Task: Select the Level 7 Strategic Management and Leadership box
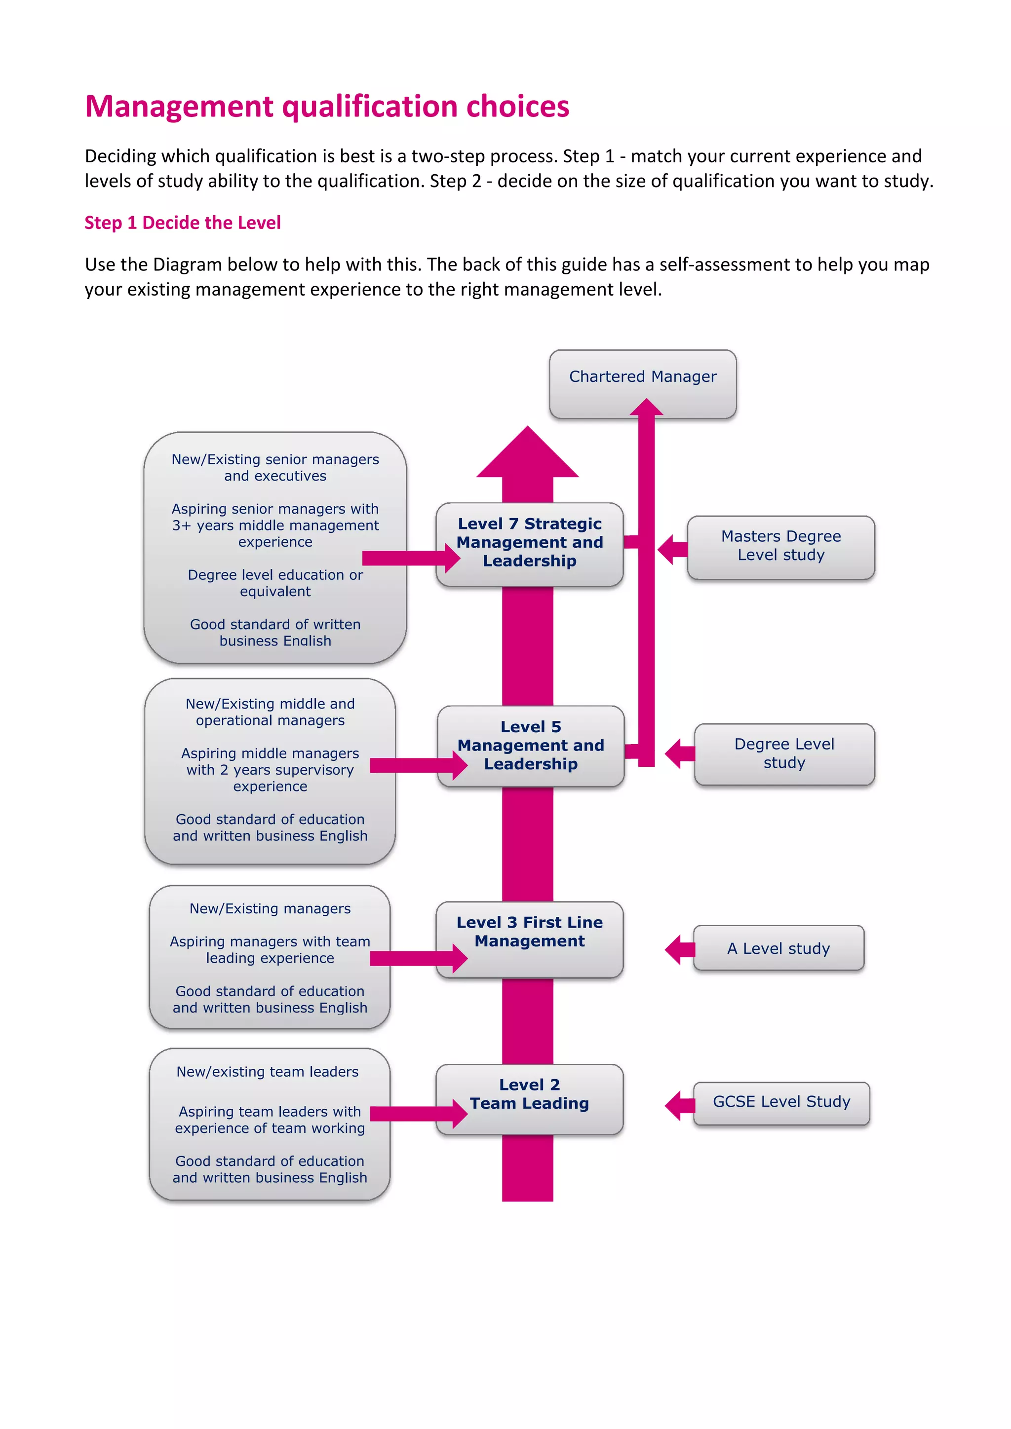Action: click(x=529, y=543)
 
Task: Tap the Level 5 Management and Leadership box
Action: click(x=530, y=746)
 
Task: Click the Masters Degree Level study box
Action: click(x=780, y=546)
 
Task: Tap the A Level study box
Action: click(x=778, y=948)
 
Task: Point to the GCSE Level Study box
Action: click(x=781, y=1102)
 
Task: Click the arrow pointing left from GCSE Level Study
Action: click(x=679, y=1106)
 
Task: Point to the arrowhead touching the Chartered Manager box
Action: click(x=646, y=408)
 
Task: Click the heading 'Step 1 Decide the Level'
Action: click(x=182, y=223)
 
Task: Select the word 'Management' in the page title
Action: click(x=179, y=107)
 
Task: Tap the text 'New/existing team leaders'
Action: click(x=268, y=1072)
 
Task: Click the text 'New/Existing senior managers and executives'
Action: click(x=275, y=467)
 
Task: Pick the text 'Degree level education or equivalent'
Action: click(x=275, y=583)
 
